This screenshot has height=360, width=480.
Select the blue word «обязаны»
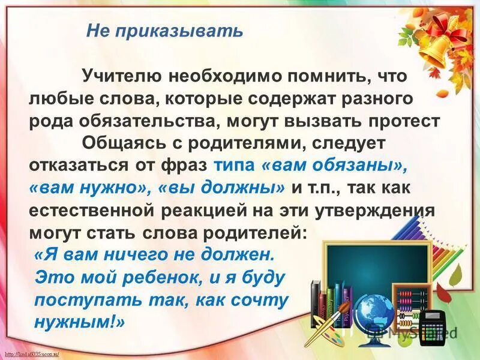pyautogui.click(x=355, y=164)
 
